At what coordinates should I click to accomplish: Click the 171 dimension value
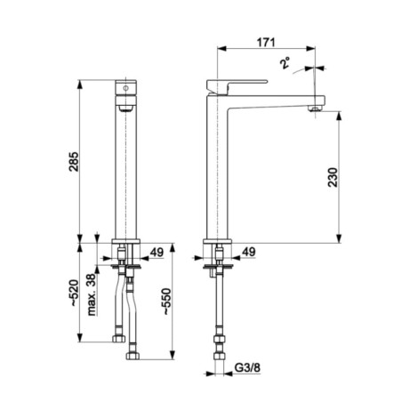pyautogui.click(x=266, y=43)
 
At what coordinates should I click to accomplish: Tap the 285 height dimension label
pyautogui.click(x=74, y=162)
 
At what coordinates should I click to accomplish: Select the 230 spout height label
pyautogui.click(x=333, y=177)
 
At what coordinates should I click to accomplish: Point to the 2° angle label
pyautogui.click(x=285, y=63)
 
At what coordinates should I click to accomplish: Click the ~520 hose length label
pyautogui.click(x=74, y=293)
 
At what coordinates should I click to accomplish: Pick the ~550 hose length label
pyautogui.click(x=166, y=301)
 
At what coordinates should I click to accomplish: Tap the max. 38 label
pyautogui.click(x=92, y=294)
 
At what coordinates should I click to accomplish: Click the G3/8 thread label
pyautogui.click(x=247, y=368)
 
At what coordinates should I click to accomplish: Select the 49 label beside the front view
pyautogui.click(x=157, y=253)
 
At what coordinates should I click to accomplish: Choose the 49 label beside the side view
pyautogui.click(x=248, y=252)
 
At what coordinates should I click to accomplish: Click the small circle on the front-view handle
pyautogui.click(x=125, y=88)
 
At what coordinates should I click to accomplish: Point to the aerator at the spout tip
pyautogui.click(x=315, y=109)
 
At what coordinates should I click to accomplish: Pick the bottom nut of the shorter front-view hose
pyautogui.click(x=119, y=339)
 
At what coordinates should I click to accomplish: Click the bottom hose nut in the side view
pyautogui.click(x=220, y=356)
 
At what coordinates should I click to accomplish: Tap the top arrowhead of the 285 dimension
pyautogui.click(x=79, y=84)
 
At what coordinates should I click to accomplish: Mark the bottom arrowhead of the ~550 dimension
pyautogui.click(x=172, y=355)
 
